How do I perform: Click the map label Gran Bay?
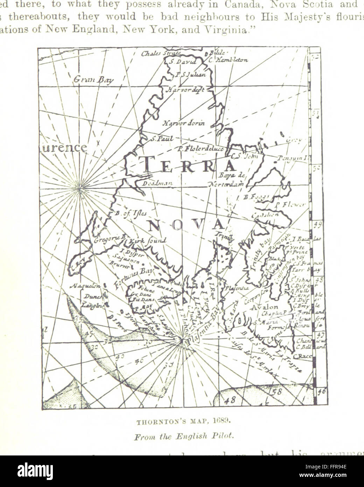tap(93, 80)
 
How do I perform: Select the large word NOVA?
tap(186, 224)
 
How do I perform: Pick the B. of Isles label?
tap(131, 213)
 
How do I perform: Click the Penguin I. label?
tap(293, 158)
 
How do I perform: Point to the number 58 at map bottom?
tap(277, 392)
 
